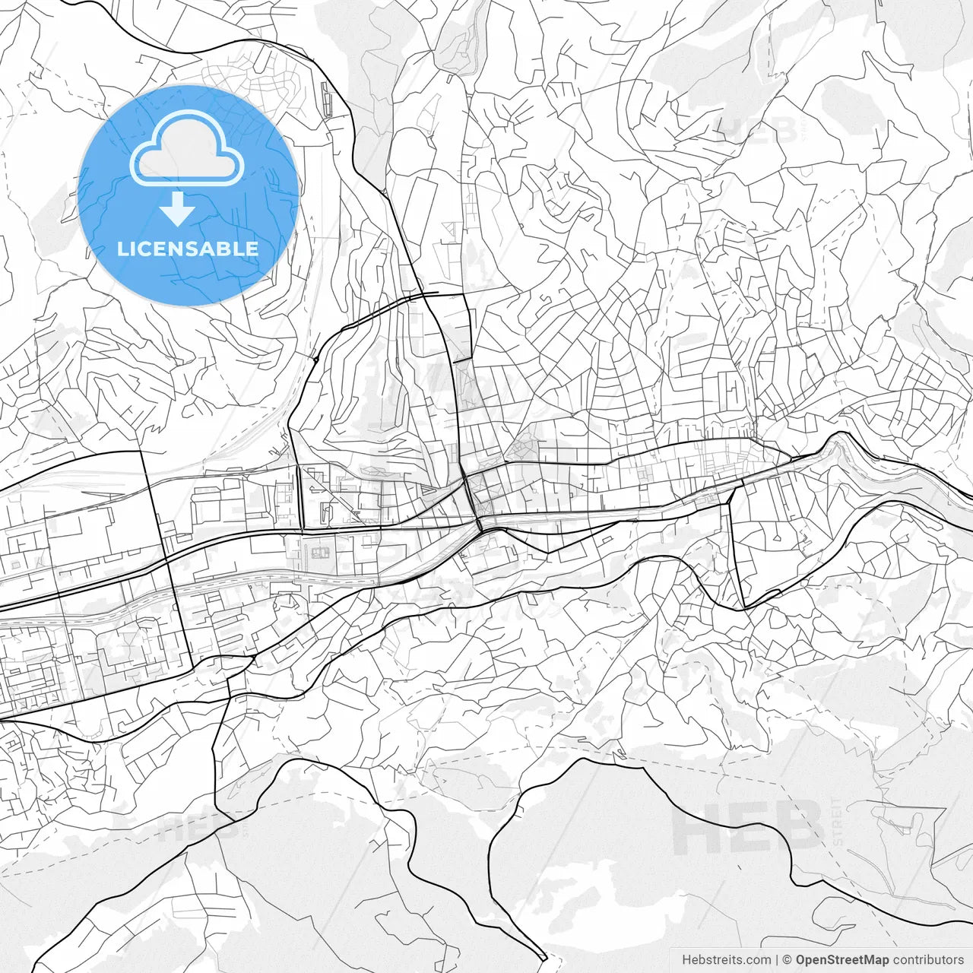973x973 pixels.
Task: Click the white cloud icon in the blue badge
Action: click(187, 148)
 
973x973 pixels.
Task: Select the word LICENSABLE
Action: click(188, 249)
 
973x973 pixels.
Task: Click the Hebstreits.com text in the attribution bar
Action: click(726, 960)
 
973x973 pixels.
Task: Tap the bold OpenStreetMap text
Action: click(841, 960)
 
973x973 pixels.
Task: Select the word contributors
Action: click(928, 960)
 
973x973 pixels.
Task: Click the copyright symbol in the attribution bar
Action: click(788, 960)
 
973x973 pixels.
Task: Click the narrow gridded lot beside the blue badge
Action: click(327, 100)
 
